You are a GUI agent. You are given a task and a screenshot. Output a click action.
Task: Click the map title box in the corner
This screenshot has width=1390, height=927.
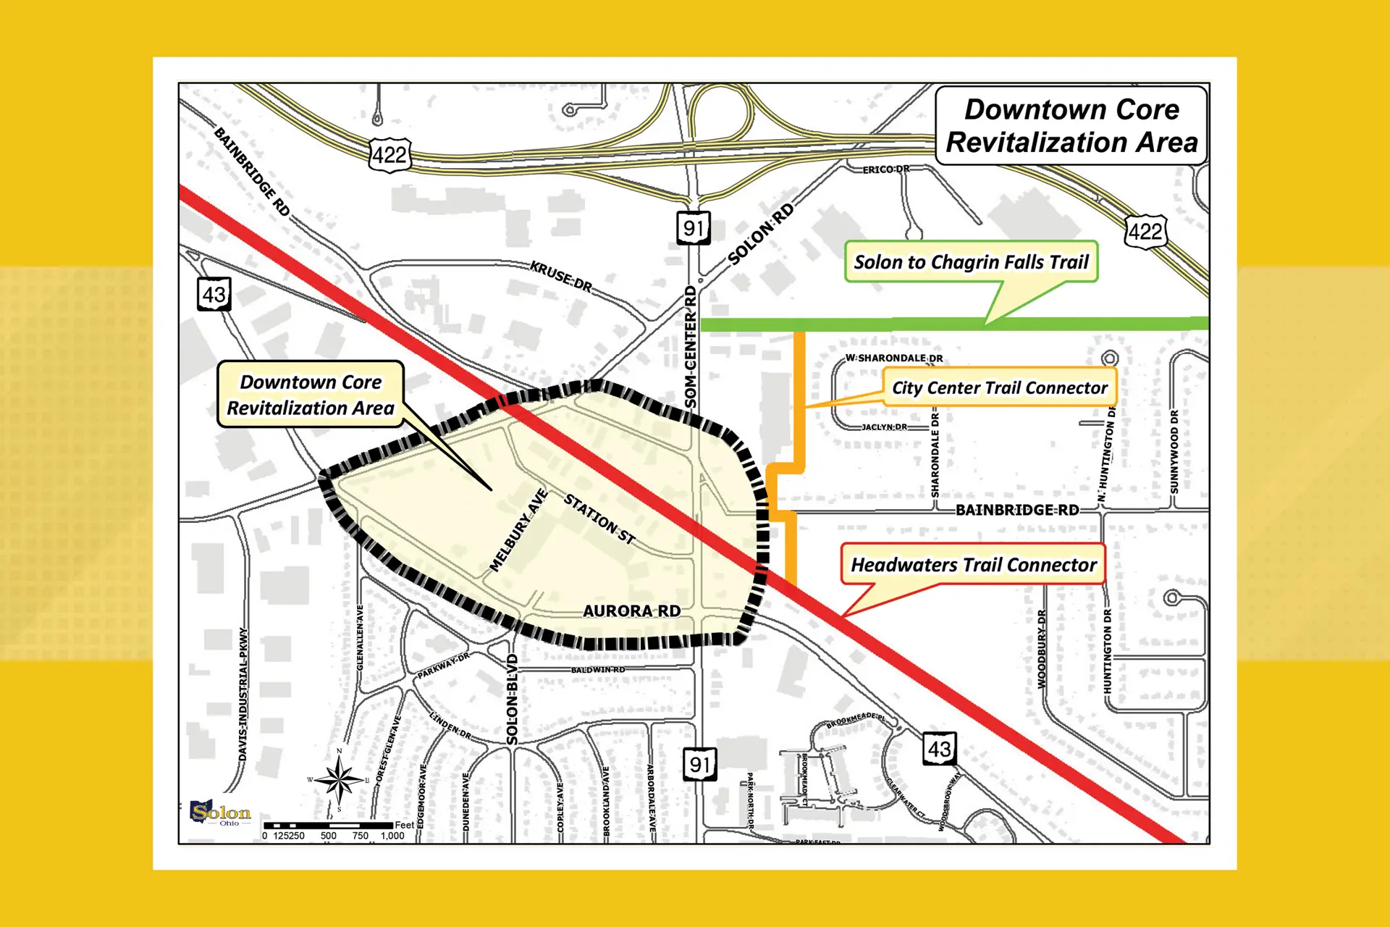point(1071,126)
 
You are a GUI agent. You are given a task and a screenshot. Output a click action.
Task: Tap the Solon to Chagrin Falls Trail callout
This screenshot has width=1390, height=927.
point(971,262)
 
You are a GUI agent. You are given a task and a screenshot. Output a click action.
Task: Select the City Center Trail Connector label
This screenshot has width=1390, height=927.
point(999,387)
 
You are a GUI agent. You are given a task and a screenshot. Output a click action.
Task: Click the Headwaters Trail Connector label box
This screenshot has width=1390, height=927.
point(973,564)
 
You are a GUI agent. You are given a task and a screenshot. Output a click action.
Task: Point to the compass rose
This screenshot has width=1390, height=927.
point(338,781)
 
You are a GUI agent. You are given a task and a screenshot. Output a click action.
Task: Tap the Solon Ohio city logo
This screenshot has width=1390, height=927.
point(219,813)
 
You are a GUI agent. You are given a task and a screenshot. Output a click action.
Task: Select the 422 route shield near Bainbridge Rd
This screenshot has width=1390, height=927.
point(389,155)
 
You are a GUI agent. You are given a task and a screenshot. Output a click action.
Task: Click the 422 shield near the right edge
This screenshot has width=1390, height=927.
point(1145,232)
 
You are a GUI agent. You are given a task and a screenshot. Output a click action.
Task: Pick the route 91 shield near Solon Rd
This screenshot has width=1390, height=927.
point(693,228)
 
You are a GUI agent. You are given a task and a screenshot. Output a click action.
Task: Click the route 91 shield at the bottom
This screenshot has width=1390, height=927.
point(699,764)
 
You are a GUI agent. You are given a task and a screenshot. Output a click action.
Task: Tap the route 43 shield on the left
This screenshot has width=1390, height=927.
point(214,295)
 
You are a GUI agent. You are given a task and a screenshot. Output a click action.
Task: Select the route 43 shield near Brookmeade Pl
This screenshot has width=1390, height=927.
point(939,749)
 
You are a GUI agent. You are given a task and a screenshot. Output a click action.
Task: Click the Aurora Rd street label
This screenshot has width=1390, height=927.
point(631,611)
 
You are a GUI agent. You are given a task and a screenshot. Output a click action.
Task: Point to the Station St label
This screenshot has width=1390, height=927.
point(599,519)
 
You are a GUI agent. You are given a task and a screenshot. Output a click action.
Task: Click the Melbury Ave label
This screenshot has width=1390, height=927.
point(518,531)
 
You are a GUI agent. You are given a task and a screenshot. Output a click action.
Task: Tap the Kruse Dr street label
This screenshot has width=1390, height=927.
point(560,277)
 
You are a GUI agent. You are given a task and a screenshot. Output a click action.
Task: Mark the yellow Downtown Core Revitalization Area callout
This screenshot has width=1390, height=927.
point(311,395)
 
